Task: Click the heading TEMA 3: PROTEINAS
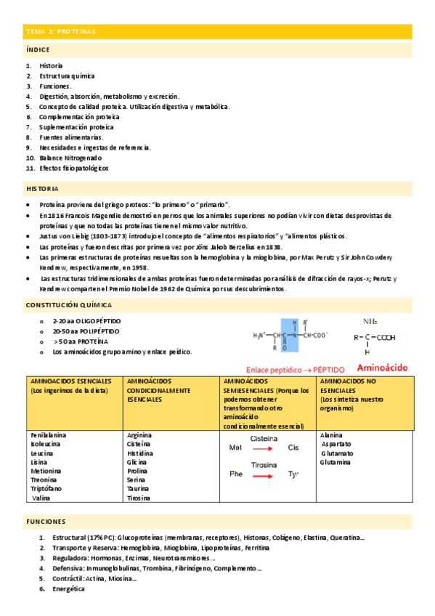pyautogui.click(x=60, y=32)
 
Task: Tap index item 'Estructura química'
pyautogui.click(x=67, y=76)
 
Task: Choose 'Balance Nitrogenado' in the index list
pyautogui.click(x=70, y=158)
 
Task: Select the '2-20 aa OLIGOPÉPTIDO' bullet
pyautogui.click(x=87, y=320)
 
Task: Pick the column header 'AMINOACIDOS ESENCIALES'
pyautogui.click(x=71, y=381)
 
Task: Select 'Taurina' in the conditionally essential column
pyautogui.click(x=139, y=489)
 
